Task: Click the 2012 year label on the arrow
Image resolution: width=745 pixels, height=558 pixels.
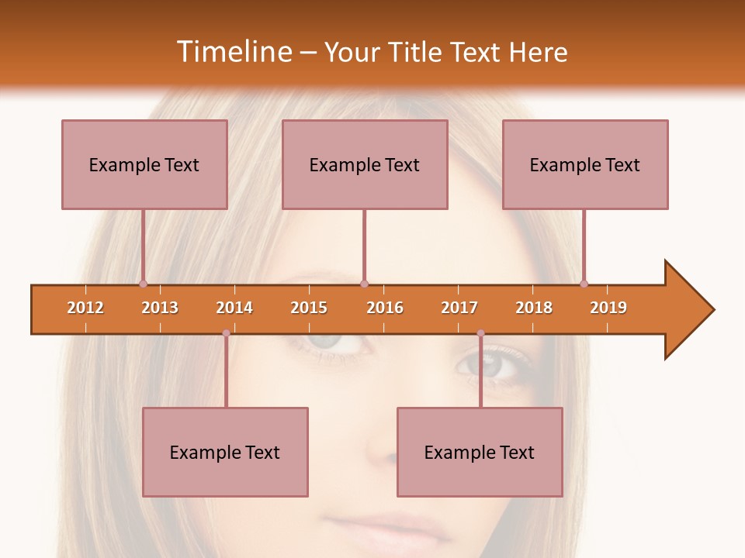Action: tap(85, 308)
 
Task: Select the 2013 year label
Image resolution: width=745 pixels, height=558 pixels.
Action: tap(160, 308)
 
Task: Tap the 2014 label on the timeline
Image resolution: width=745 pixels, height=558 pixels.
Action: tap(234, 308)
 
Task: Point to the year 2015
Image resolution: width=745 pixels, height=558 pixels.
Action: tap(309, 308)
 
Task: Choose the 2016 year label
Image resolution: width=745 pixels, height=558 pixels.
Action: tap(385, 308)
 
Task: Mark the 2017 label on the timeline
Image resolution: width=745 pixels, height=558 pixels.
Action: tap(459, 308)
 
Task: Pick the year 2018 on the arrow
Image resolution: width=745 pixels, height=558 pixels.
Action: tap(534, 308)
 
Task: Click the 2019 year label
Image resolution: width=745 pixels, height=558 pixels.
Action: tap(608, 308)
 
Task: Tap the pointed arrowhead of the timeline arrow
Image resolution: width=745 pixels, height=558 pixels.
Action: tap(691, 310)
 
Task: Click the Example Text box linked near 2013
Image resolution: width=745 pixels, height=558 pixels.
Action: tap(144, 164)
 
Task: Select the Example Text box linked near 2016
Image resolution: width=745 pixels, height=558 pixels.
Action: tap(365, 164)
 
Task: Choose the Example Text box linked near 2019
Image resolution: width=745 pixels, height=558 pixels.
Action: tap(585, 164)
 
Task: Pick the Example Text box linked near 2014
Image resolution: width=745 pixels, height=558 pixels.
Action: tap(225, 452)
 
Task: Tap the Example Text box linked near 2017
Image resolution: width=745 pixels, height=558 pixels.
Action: tap(480, 452)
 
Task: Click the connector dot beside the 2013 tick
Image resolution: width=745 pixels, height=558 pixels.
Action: tap(143, 284)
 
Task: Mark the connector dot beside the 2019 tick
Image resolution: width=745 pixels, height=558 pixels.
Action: tap(584, 284)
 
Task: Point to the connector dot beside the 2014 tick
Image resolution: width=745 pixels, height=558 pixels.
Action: tap(226, 333)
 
